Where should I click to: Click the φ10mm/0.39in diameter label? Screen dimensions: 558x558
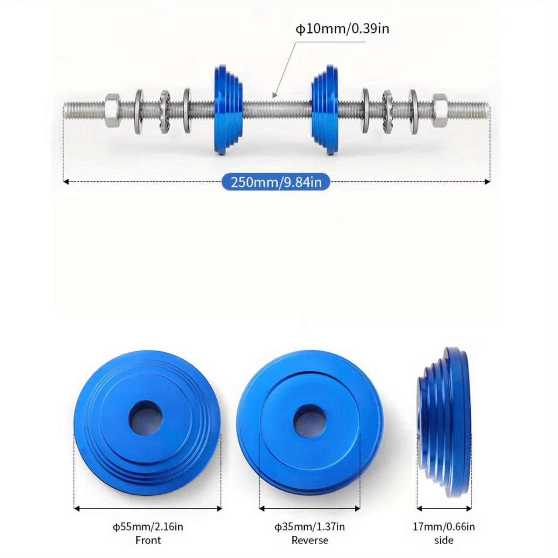[x=342, y=29]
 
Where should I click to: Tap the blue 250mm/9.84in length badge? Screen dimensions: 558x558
[x=276, y=182]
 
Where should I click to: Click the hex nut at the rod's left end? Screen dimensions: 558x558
[x=112, y=111]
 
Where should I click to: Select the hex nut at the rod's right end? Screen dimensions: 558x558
[x=440, y=111]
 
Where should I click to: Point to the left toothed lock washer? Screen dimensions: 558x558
[x=165, y=112]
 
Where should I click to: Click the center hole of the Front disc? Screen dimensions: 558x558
[x=145, y=418]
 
